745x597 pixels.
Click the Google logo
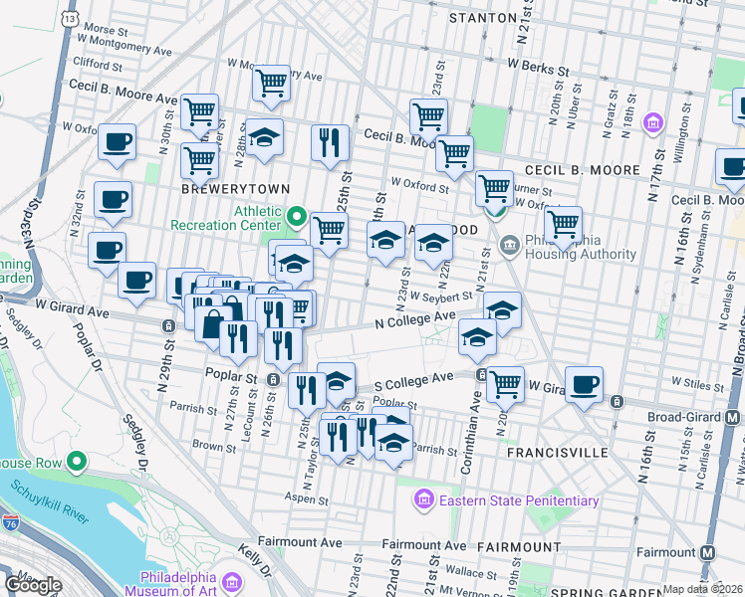coord(33,584)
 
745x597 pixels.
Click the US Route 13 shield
coord(68,18)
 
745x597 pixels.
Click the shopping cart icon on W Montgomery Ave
coord(271,84)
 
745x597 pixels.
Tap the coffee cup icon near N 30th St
coord(117,141)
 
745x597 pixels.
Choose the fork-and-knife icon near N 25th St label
coord(329,141)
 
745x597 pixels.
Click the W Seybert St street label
coord(438,297)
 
